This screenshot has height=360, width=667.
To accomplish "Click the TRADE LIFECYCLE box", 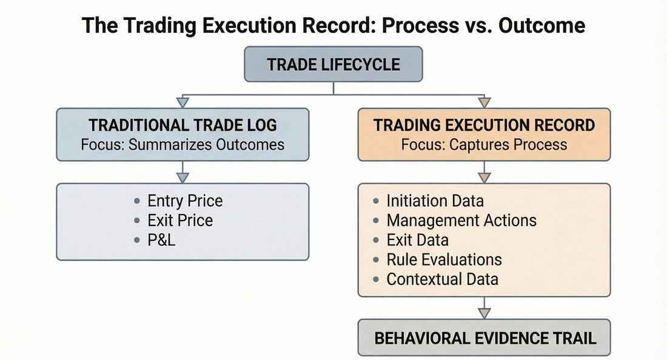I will click(x=333, y=64).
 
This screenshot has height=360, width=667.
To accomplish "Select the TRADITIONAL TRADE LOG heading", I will click(x=183, y=125).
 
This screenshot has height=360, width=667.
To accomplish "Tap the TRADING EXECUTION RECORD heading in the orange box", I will click(x=484, y=125).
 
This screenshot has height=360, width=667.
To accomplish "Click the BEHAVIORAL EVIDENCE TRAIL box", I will click(x=484, y=338).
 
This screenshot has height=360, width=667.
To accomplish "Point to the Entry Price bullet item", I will click(x=185, y=201).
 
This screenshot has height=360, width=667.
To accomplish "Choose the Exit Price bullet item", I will click(x=180, y=221).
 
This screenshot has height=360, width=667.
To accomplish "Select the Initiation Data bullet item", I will click(x=435, y=201).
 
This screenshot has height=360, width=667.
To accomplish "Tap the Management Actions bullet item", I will click(x=461, y=221).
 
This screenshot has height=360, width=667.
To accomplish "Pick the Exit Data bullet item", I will click(x=417, y=240).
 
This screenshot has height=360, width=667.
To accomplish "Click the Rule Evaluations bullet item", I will click(x=444, y=259).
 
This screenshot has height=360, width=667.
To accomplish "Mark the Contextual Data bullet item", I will click(x=442, y=279).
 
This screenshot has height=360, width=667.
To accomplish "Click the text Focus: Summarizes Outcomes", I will click(x=183, y=145).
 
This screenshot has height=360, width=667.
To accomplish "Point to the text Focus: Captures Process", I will click(x=484, y=145).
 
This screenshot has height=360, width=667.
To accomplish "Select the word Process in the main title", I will click(x=411, y=25).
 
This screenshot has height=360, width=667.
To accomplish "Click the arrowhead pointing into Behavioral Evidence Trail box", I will click(x=484, y=313).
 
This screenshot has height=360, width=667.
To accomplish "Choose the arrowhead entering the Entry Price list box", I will click(x=183, y=178).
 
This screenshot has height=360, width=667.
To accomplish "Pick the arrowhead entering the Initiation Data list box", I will click(x=484, y=178).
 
